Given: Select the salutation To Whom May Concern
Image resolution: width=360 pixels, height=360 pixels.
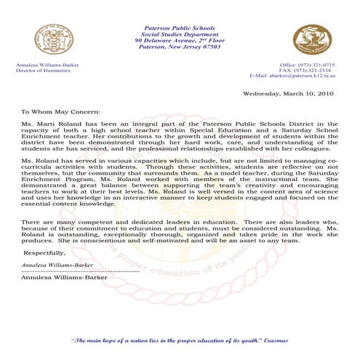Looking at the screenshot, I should (x=57, y=113).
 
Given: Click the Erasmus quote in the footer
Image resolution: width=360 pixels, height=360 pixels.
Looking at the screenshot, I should (x=178, y=340).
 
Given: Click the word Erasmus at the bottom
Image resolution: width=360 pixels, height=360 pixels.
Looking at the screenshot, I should (x=274, y=340).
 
